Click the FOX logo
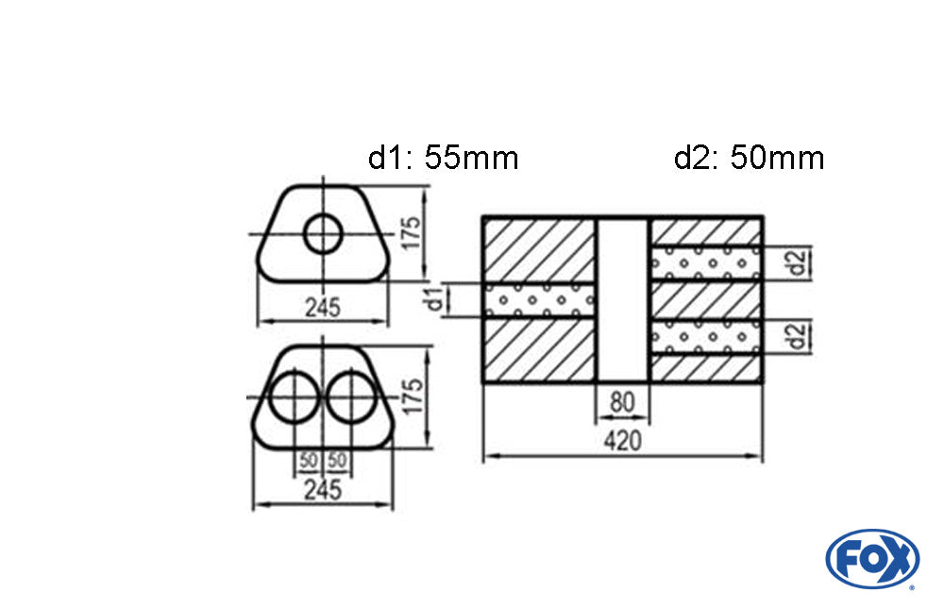pos(871,558)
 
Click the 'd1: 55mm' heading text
pos(443,158)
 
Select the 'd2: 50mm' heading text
pos(749,158)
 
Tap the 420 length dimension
pos(622,441)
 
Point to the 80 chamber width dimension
pos(622,402)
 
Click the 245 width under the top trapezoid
pos(323,308)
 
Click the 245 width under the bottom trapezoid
pos(323,490)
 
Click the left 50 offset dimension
pos(309,461)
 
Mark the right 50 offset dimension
pos(337,461)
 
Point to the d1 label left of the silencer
pos(435,298)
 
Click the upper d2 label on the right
pos(798,263)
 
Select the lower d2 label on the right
pos(798,337)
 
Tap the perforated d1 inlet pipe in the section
pos(539,300)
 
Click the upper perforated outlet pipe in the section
pos(706,263)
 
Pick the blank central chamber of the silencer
pos(623,299)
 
